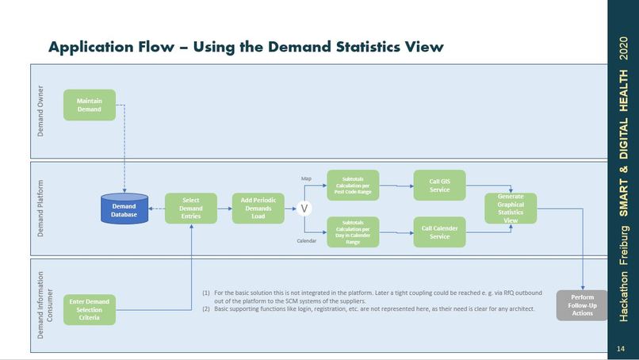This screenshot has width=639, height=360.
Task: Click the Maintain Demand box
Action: coord(90,105)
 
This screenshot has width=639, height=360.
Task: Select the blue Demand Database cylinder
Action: coord(124,210)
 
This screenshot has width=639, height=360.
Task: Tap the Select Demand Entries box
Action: coord(190,209)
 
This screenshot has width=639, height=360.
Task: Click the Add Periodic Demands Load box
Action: coord(258,209)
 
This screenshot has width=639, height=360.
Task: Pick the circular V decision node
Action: coord(302,209)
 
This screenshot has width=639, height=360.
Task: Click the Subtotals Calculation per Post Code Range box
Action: coord(353,186)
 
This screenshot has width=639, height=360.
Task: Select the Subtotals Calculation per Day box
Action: coord(353,232)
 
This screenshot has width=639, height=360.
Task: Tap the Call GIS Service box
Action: coord(439,186)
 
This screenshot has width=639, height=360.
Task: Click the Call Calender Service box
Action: coord(439,232)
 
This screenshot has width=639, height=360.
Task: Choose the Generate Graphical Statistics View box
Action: coord(511,209)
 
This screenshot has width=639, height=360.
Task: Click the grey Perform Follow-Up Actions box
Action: coord(582,304)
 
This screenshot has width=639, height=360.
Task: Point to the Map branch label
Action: coord(306,179)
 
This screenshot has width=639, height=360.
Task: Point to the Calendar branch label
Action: coord(307,240)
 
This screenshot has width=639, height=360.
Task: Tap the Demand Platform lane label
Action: coord(41,209)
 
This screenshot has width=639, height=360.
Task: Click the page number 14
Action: coord(622,349)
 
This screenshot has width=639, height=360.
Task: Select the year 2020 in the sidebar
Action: coord(622,56)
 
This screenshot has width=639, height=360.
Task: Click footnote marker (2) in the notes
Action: coord(207,308)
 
